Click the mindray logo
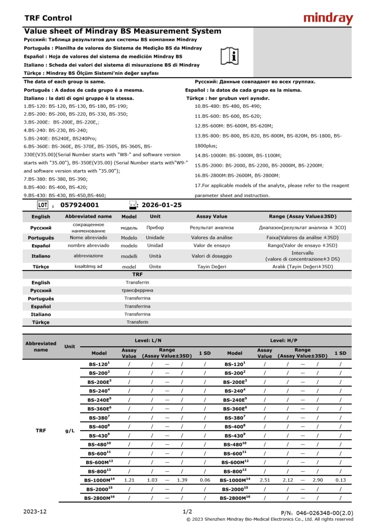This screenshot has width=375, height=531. pyautogui.click(x=328, y=19)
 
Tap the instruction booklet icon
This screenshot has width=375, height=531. pyautogui.click(x=229, y=56)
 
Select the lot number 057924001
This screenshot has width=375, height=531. pyautogui.click(x=80, y=205)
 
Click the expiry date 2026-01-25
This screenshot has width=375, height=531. pyautogui.click(x=162, y=205)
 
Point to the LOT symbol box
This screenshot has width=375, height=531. pyautogui.click(x=43, y=205)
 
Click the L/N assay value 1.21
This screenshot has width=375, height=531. pyautogui.click(x=129, y=480)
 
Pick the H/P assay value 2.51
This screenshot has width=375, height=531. pyautogui.click(x=265, y=480)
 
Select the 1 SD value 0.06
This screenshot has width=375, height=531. pyautogui.click(x=205, y=480)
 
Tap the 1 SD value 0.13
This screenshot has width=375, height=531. pyautogui.click(x=340, y=480)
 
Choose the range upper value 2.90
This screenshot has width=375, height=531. pyautogui.click(x=317, y=480)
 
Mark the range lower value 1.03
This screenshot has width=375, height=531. pyautogui.click(x=152, y=480)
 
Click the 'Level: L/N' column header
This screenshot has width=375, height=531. pyautogui.click(x=148, y=341)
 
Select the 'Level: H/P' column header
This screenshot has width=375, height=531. pyautogui.click(x=284, y=341)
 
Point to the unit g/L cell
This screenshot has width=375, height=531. pyautogui.click(x=70, y=431)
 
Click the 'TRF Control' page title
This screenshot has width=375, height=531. pyautogui.click(x=48, y=18)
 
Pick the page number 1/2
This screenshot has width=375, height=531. pyautogui.click(x=187, y=512)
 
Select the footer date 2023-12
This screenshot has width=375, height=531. pyautogui.click(x=35, y=512)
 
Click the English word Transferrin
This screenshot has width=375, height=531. pyautogui.click(x=137, y=283)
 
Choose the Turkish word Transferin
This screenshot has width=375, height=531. pyautogui.click(x=137, y=322)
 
